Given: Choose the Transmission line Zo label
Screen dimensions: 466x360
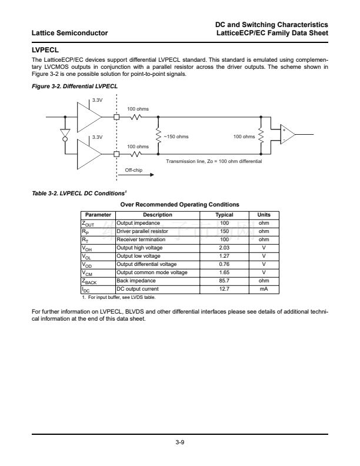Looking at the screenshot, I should point(214,161).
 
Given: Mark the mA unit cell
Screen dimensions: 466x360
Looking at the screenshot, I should point(264,289).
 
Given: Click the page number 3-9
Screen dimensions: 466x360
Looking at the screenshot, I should point(180,443).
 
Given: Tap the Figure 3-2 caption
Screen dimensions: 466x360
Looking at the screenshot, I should point(75,86).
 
